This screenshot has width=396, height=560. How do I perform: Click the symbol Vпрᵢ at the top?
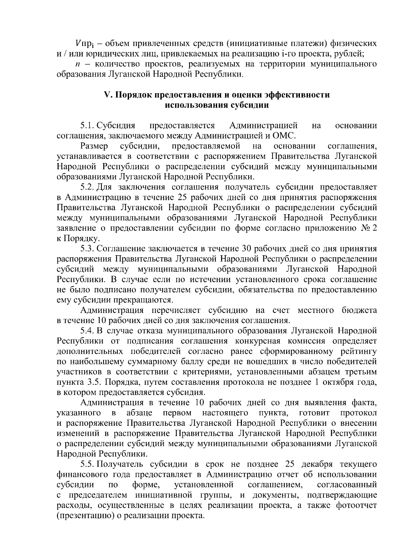(x=85, y=43)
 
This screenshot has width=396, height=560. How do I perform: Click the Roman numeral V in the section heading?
(x=107, y=95)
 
